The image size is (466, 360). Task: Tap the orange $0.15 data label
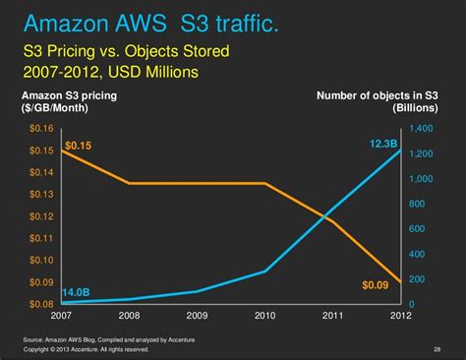click(79, 146)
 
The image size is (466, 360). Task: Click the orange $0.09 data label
click(376, 285)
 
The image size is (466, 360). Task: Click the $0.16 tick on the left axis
click(41, 129)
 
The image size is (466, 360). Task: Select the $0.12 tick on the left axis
click(41, 216)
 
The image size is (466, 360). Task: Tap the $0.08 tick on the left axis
click(41, 304)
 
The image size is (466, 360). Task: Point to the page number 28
click(437, 348)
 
